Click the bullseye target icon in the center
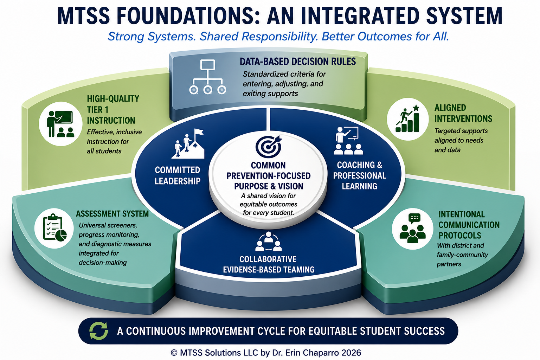pyautogui.click(x=268, y=147)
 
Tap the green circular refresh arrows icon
pyautogui.click(x=98, y=331)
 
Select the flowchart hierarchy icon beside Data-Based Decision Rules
pyautogui.click(x=207, y=77)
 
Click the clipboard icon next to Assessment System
pyautogui.click(x=55, y=228)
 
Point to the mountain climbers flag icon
pyautogui.click(x=188, y=143)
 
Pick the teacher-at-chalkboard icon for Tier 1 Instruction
pyautogui.click(x=60, y=124)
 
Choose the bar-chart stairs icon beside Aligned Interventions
pyautogui.click(x=407, y=118)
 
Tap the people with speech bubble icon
pyautogui.click(x=412, y=228)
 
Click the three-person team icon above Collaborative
pyautogui.click(x=269, y=242)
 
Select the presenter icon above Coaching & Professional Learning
pyautogui.click(x=349, y=141)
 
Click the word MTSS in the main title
pyautogui.click(x=84, y=16)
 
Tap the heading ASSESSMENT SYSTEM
pyautogui.click(x=112, y=214)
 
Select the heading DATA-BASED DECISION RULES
pyautogui.click(x=298, y=62)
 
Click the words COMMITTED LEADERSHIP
pyautogui.click(x=178, y=175)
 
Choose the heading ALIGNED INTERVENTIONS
pyautogui.click(x=463, y=113)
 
